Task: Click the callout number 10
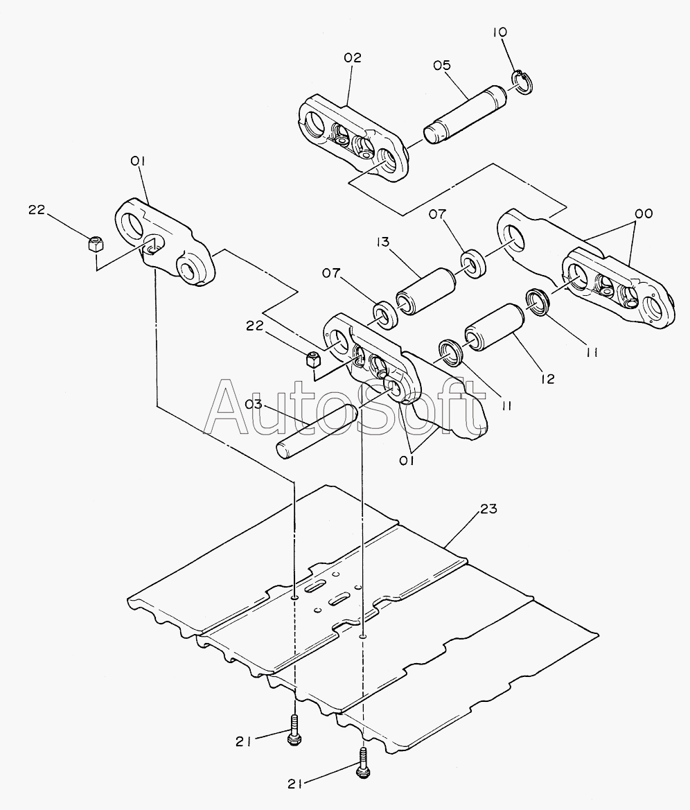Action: (500, 32)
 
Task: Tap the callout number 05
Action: (442, 65)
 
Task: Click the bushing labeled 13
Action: (425, 291)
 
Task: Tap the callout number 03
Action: (254, 404)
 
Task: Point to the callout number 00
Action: (644, 213)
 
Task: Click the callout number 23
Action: (488, 509)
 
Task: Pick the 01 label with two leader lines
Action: (407, 461)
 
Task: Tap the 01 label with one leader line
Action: (137, 161)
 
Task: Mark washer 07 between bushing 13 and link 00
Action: (472, 263)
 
